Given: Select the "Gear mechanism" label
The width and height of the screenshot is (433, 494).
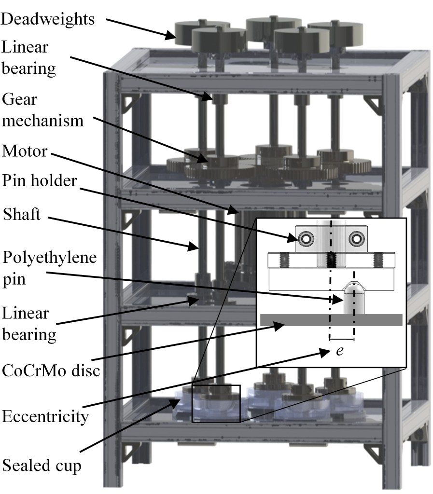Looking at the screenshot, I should (42, 110).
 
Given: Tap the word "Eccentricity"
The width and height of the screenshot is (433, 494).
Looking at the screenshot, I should (46, 416).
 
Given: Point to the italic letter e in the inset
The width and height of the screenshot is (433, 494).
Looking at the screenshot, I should (339, 351).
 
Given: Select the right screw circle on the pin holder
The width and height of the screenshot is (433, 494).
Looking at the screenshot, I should (356, 237).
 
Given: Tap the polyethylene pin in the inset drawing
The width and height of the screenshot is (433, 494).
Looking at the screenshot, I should (353, 299).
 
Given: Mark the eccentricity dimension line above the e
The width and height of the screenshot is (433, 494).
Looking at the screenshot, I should (342, 340).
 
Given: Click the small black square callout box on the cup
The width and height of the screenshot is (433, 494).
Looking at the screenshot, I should (216, 404).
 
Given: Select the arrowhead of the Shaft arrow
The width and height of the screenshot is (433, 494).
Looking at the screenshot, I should (197, 247).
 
